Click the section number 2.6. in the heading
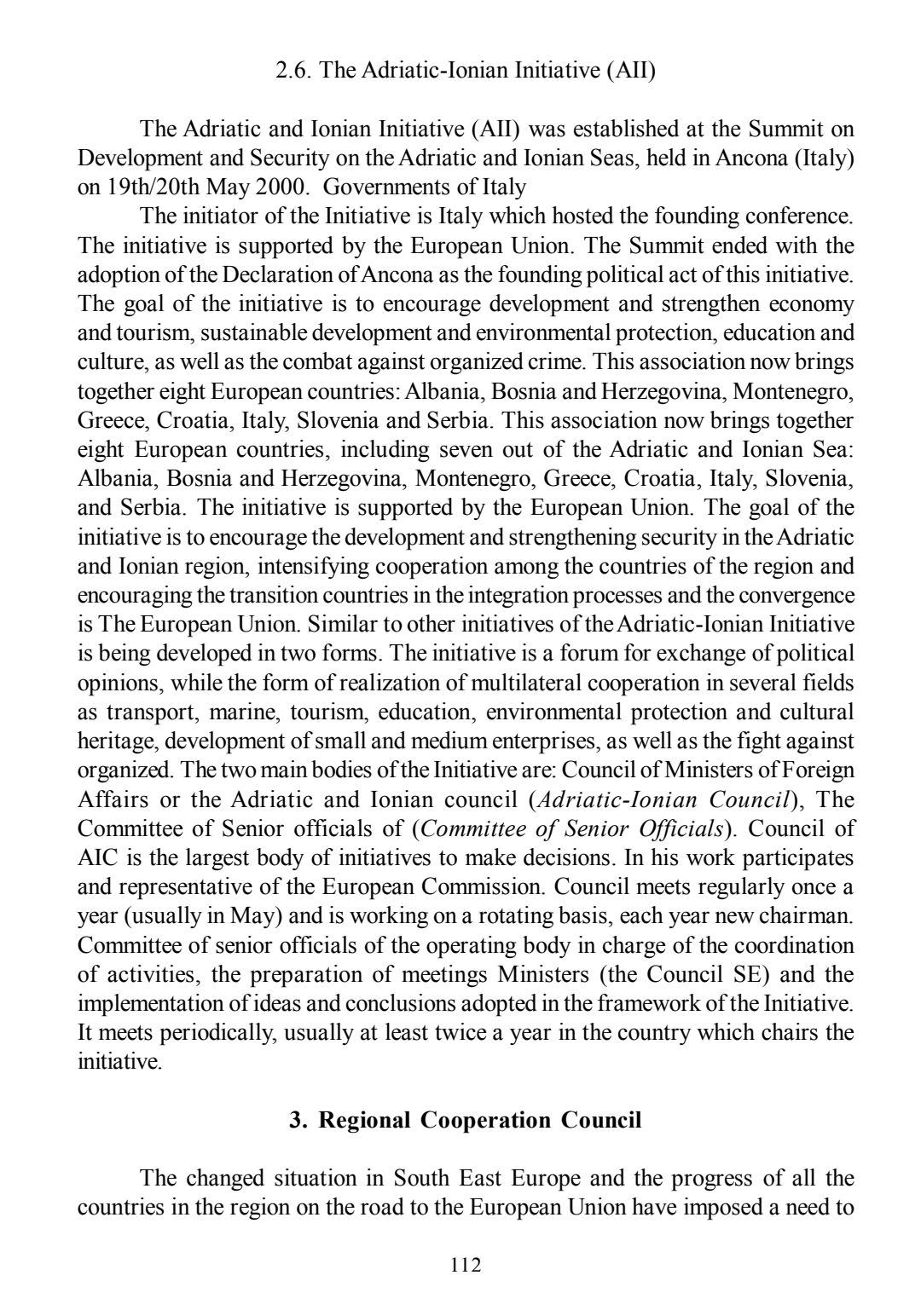tap(295, 71)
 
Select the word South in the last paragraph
tap(423, 1179)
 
